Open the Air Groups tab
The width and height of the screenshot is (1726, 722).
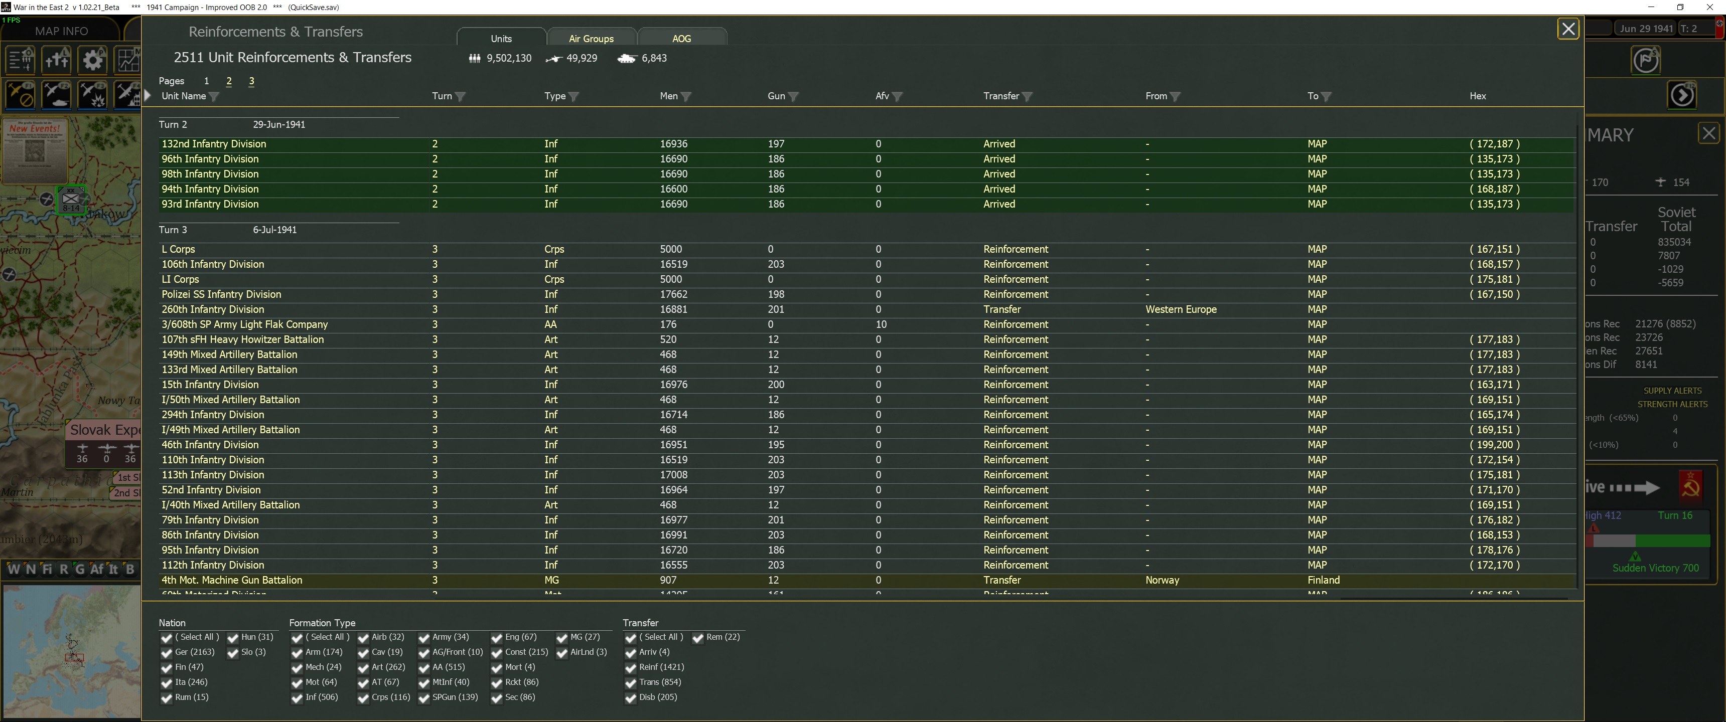(x=591, y=38)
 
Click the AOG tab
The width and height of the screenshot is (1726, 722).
(x=681, y=38)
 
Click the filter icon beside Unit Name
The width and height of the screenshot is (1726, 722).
(x=214, y=96)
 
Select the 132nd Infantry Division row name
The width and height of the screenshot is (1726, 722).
(x=214, y=144)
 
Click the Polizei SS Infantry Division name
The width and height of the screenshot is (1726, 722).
(x=221, y=295)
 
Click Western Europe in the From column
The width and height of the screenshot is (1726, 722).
(x=1181, y=309)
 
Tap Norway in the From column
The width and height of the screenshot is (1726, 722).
(x=1162, y=580)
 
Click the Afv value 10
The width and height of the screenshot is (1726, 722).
(x=881, y=325)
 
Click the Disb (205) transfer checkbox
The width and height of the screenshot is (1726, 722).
(x=631, y=698)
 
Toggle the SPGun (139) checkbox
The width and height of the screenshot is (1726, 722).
(x=424, y=698)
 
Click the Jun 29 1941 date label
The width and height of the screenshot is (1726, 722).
(x=1646, y=28)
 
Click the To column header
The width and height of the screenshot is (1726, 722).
(x=1313, y=96)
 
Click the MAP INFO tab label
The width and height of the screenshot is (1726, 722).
(x=61, y=31)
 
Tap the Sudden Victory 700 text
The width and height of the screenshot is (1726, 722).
(x=1655, y=568)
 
